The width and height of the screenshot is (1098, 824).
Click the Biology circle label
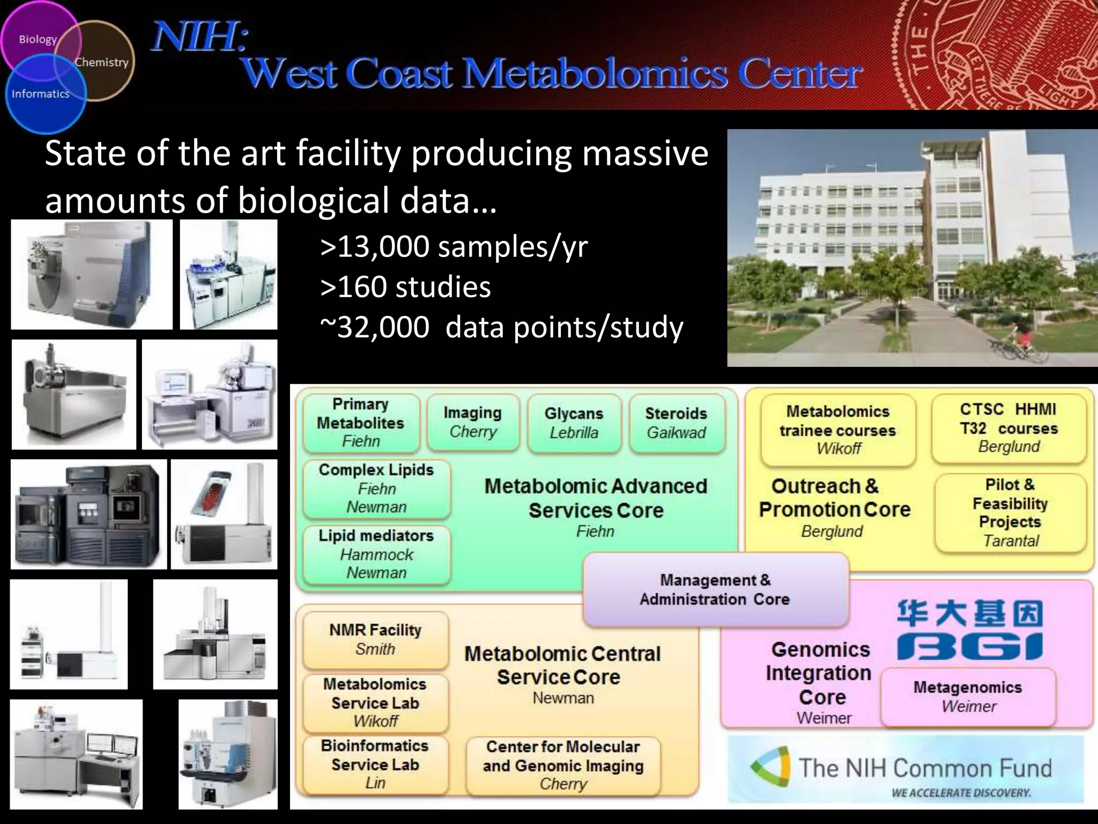click(x=38, y=39)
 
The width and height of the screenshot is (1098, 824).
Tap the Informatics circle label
click(x=41, y=94)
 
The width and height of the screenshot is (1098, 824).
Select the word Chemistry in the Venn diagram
click(x=101, y=62)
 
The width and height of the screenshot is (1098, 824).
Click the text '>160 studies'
click(x=405, y=286)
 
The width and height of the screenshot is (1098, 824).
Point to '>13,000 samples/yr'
click(x=454, y=247)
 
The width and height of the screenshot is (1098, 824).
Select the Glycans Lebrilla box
click(x=574, y=423)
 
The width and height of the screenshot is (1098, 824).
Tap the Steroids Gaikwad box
click(x=676, y=423)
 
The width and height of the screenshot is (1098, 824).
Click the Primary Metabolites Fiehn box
click(x=361, y=423)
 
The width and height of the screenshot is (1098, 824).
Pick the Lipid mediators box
click(x=376, y=554)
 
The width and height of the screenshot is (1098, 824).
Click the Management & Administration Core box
click(x=715, y=589)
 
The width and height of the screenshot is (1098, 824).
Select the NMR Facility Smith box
click(x=375, y=639)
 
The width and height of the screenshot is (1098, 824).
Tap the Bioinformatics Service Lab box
click(x=375, y=764)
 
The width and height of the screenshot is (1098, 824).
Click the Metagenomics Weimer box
click(x=968, y=696)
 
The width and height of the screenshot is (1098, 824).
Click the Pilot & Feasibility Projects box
click(x=1010, y=512)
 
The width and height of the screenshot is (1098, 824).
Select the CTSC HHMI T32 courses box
click(x=1008, y=428)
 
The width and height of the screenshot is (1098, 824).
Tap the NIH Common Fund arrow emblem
click(x=771, y=768)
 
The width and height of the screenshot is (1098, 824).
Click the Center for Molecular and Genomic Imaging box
click(x=563, y=765)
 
